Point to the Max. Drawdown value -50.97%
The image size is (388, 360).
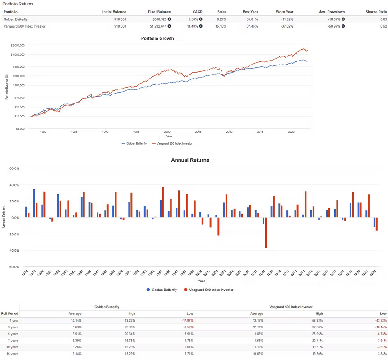pyautogui.click(x=334, y=26)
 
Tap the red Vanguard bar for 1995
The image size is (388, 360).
pyautogui.click(x=163, y=202)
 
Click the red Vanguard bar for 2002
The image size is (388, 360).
pyautogui.click(x=218, y=226)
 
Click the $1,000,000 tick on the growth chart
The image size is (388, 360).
pyautogui.click(x=16, y=54)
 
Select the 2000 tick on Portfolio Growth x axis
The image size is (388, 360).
pyautogui.click(x=167, y=132)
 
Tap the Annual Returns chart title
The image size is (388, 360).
pyautogui.click(x=190, y=160)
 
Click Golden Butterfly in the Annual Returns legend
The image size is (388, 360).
pyautogui.click(x=163, y=290)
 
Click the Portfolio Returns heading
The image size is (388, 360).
pyautogui.click(x=18, y=4)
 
